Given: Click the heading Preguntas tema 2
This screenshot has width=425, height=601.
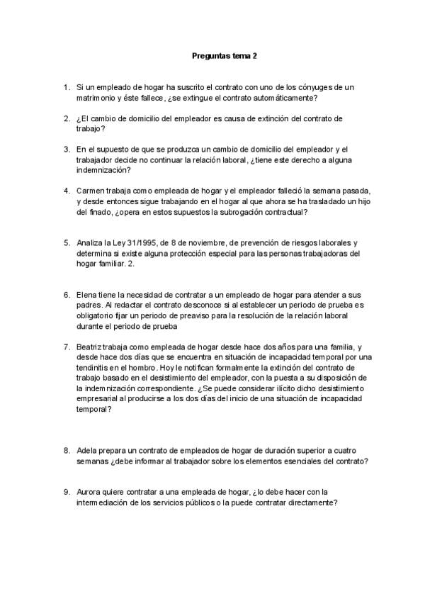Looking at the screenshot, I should coord(220,55).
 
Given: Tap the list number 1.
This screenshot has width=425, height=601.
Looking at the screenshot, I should coord(66,86).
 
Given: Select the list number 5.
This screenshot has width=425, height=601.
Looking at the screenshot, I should coord(66,242).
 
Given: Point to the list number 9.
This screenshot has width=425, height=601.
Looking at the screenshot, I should coord(66,492).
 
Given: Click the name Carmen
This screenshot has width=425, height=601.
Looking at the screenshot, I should coord(90,191).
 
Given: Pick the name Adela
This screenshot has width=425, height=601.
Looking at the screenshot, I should coord(88,450).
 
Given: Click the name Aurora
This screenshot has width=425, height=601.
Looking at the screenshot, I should coord(89,492).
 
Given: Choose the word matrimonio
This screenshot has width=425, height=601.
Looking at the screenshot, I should coord(98,97).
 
